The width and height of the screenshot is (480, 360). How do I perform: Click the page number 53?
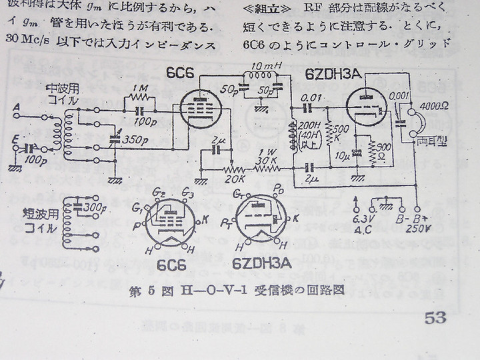pyautogui.click(x=435, y=319)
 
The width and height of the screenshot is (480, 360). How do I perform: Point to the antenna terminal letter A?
pyautogui.click(x=16, y=107)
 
